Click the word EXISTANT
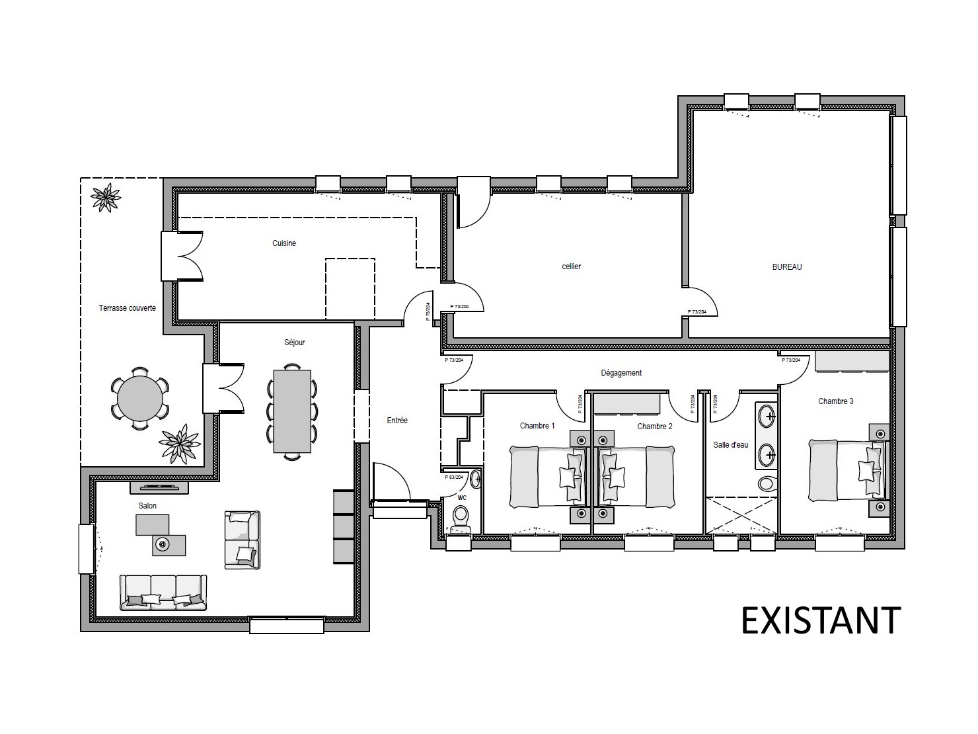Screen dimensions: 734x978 click(x=821, y=620)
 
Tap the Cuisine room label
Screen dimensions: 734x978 click(x=284, y=243)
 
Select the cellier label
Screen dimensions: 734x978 click(x=571, y=266)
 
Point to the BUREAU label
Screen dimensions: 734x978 click(x=787, y=267)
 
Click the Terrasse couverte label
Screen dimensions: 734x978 click(x=128, y=308)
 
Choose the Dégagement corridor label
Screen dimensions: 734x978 click(x=621, y=373)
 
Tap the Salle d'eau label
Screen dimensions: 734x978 click(x=730, y=445)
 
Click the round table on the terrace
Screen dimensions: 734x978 click(x=139, y=399)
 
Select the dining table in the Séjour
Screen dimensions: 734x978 click(x=292, y=411)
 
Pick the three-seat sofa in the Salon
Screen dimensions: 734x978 click(x=163, y=592)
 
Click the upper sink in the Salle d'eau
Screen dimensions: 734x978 click(x=767, y=417)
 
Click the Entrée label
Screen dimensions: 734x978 click(x=397, y=421)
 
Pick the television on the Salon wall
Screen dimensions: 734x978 click(x=159, y=488)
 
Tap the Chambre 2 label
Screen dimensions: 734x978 click(x=654, y=427)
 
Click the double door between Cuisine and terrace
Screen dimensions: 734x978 click(x=182, y=256)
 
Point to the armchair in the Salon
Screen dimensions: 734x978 click(x=242, y=540)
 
